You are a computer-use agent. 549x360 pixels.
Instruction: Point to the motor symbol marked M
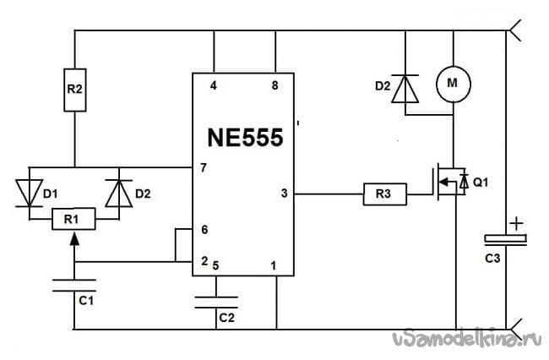452,83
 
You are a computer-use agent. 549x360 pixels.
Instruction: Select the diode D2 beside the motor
408,89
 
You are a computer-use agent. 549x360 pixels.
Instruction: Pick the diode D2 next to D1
116,191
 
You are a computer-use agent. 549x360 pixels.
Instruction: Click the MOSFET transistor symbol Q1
448,184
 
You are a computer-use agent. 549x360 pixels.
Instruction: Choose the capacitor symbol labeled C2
215,302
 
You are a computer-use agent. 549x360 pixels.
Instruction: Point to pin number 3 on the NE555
284,194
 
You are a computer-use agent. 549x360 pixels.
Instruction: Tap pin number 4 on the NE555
213,86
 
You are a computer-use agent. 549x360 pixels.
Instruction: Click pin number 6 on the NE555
204,229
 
